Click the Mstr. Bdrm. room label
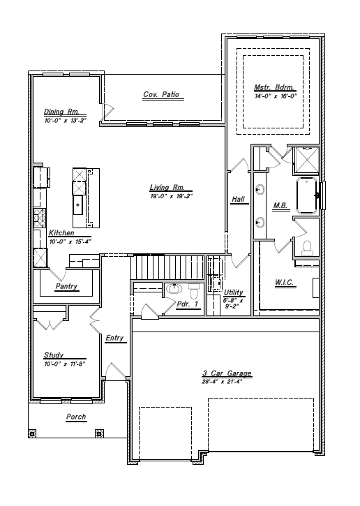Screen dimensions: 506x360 [273, 88]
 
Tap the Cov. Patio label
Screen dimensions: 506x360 [160, 94]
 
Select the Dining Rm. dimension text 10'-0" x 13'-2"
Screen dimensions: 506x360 [63, 120]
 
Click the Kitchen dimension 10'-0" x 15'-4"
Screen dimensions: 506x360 [70, 241]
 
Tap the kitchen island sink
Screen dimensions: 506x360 [78, 206]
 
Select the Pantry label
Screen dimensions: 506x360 [66, 287]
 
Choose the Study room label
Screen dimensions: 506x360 [54, 355]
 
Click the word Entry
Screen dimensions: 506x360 [114, 338]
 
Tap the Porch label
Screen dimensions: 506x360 [75, 417]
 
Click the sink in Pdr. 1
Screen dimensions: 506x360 [173, 288]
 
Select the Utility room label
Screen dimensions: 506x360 [233, 293]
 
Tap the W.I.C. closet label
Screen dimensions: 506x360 [285, 283]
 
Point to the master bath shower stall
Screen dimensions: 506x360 [306, 159]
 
